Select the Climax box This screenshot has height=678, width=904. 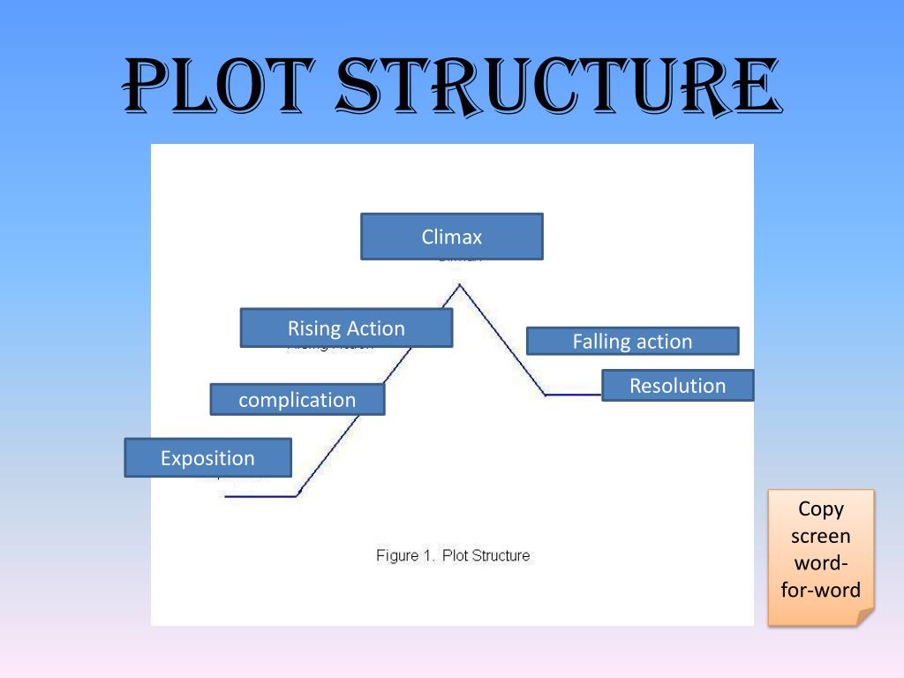click(451, 237)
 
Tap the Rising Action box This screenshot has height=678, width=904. click(346, 328)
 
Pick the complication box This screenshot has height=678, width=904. click(297, 400)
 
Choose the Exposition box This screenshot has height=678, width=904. click(207, 458)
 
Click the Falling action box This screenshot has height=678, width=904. click(632, 342)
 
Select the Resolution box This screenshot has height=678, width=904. click(677, 386)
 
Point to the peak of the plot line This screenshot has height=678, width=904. click(459, 284)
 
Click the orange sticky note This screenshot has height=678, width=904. click(820, 556)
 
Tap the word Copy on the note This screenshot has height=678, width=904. click(821, 508)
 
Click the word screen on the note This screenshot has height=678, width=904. click(821, 536)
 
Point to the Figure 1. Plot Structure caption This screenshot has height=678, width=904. click(453, 555)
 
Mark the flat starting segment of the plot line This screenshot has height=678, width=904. click(260, 496)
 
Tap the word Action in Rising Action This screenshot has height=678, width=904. click(375, 328)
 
